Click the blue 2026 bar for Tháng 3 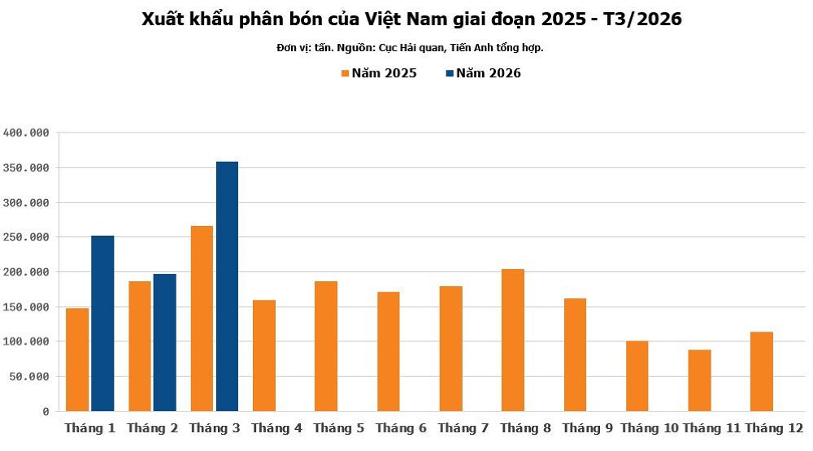point(227,286)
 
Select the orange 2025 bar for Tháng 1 point(77,359)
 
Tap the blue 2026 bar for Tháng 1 point(102,323)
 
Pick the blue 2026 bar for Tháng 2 point(164,342)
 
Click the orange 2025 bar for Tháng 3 point(202,318)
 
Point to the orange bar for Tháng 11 point(699,380)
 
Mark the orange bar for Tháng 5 point(326,346)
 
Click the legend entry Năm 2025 point(379,73)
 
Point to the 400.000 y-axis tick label point(27,132)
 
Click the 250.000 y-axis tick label point(27,237)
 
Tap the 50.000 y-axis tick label point(30,377)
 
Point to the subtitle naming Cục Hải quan point(410,48)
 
